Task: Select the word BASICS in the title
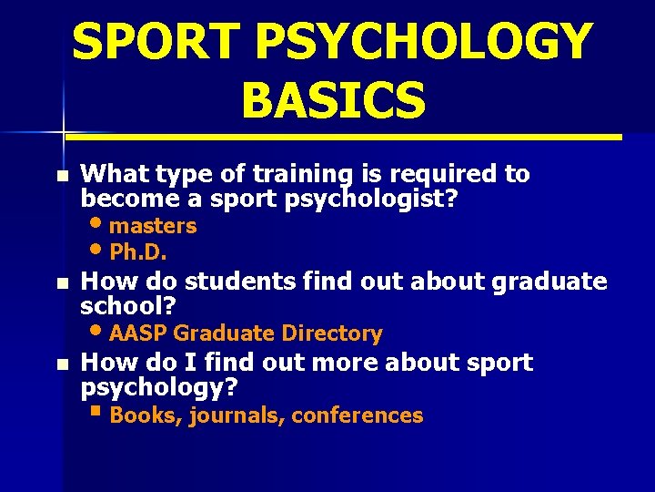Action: (x=333, y=98)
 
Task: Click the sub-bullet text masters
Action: (x=153, y=225)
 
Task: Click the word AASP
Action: (x=138, y=333)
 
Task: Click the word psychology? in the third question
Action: (x=160, y=388)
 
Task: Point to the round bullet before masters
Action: (x=97, y=221)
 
